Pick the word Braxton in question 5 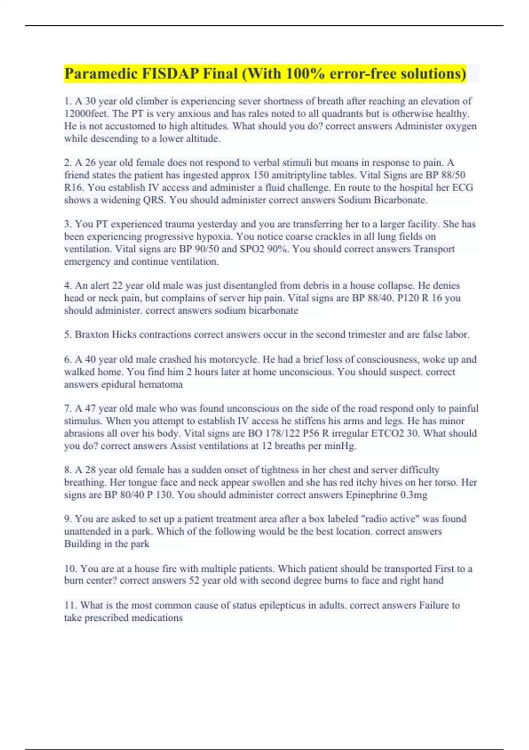click(92, 335)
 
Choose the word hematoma click(160, 385)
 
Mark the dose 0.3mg click(414, 495)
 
